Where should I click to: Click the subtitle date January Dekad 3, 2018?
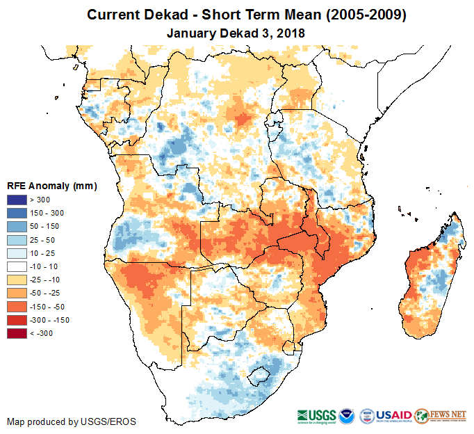pos(236,33)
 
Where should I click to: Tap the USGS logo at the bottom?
pos(317,415)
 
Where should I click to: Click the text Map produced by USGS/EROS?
pos(72,421)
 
